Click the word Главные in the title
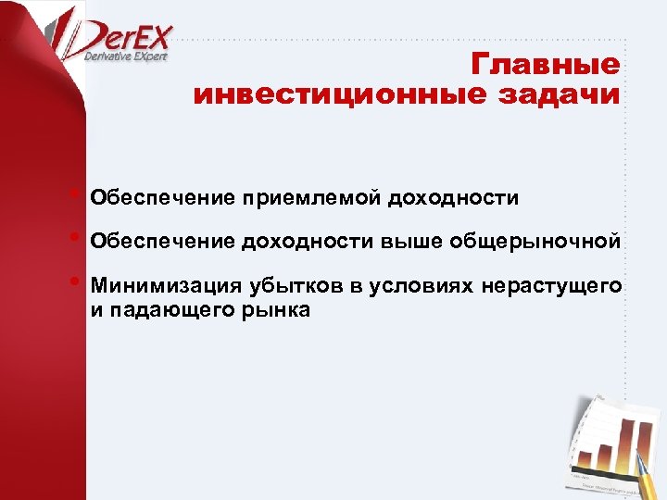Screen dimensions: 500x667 (x=545, y=66)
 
